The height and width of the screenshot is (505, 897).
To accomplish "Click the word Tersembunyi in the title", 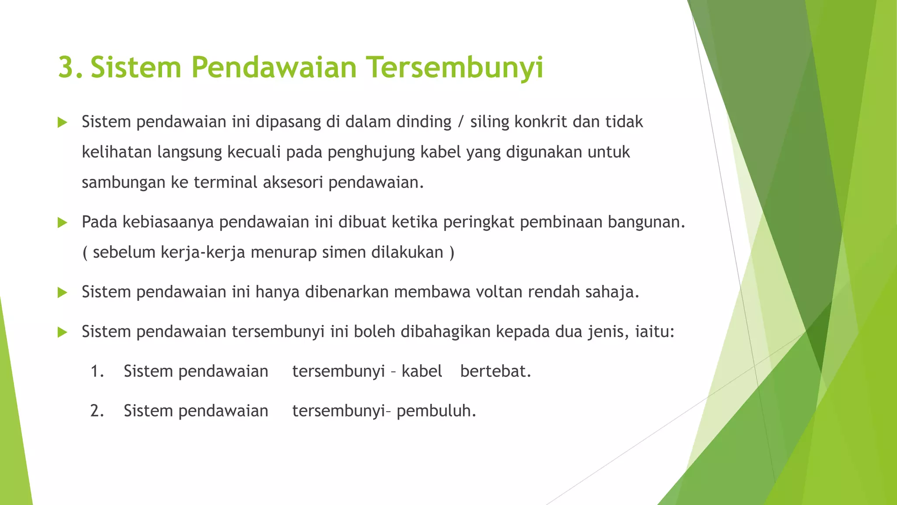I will (455, 68).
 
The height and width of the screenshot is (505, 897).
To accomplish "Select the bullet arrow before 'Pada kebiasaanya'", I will (62, 223).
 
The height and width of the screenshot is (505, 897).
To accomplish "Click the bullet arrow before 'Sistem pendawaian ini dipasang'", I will (62, 122).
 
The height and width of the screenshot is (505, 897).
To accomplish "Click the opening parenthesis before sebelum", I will (85, 253).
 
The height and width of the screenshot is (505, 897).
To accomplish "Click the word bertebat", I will (495, 372).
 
